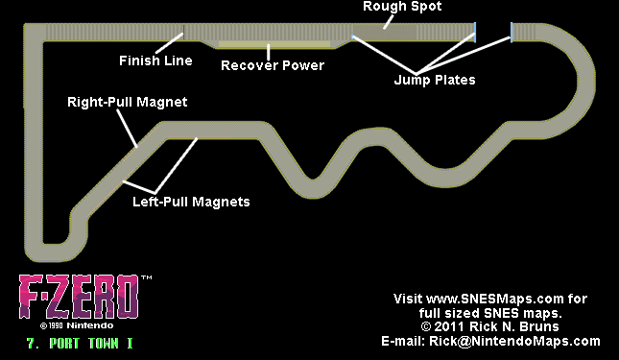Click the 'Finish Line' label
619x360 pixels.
point(155,60)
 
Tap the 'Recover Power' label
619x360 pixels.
point(273,66)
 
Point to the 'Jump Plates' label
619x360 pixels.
point(434,80)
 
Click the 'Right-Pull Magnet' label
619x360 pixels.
point(126,100)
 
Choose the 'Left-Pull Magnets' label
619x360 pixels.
point(190,202)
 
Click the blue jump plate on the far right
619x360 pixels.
point(512,32)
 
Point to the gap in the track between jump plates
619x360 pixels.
point(493,32)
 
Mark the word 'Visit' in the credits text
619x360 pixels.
point(410,300)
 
